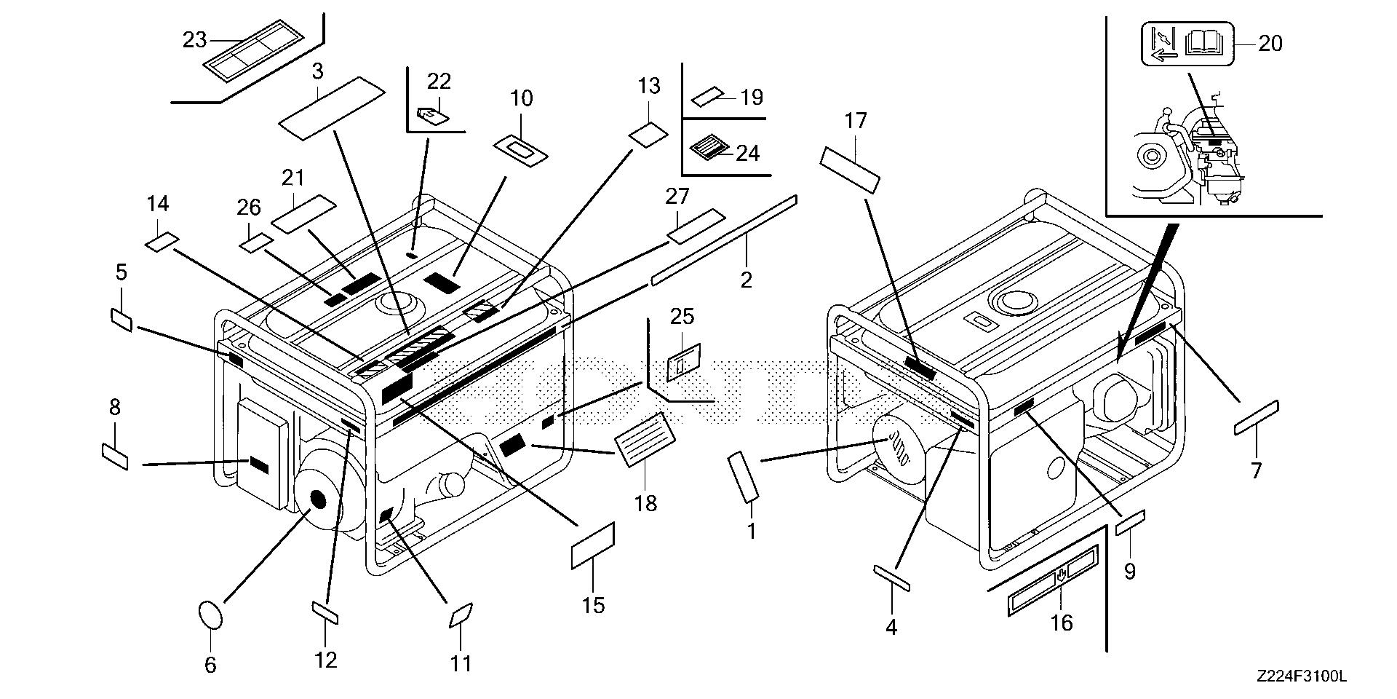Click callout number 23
click(194, 39)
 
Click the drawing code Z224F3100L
click(1300, 677)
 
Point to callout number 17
click(856, 121)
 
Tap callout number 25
click(682, 317)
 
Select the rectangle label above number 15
click(593, 545)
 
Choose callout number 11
click(461, 663)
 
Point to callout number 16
click(1062, 623)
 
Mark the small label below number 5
click(122, 319)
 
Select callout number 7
click(1257, 470)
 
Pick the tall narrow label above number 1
click(744, 476)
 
